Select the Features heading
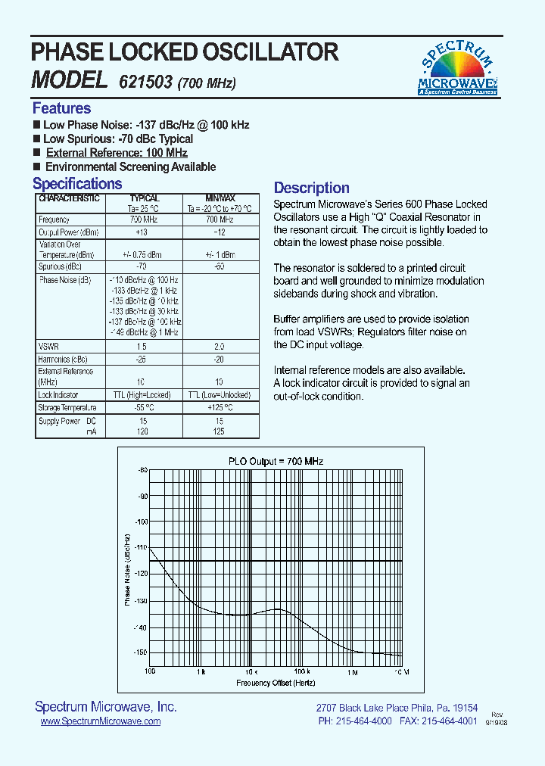(x=61, y=108)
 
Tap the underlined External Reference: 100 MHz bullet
(x=117, y=153)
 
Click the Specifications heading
(x=77, y=184)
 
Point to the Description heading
(x=311, y=188)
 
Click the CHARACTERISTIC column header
(x=69, y=198)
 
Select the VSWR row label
(x=48, y=346)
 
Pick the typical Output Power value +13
(x=141, y=232)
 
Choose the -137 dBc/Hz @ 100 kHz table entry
(x=143, y=322)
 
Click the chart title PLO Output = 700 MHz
(x=276, y=461)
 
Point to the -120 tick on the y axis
(x=141, y=574)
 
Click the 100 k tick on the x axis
(x=301, y=672)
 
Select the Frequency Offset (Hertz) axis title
(x=275, y=683)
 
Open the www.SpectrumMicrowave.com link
(x=100, y=721)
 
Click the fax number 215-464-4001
(x=449, y=721)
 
